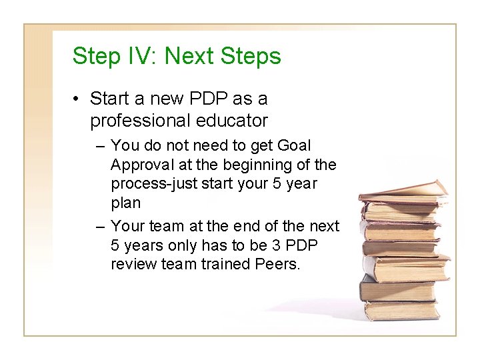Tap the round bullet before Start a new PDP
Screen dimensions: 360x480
(x=78, y=100)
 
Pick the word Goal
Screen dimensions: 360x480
(x=293, y=145)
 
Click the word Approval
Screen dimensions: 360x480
(x=141, y=164)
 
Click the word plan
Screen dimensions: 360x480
(x=125, y=202)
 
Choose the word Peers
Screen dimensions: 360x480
(x=278, y=265)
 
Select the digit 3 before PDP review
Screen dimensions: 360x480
(x=279, y=245)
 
